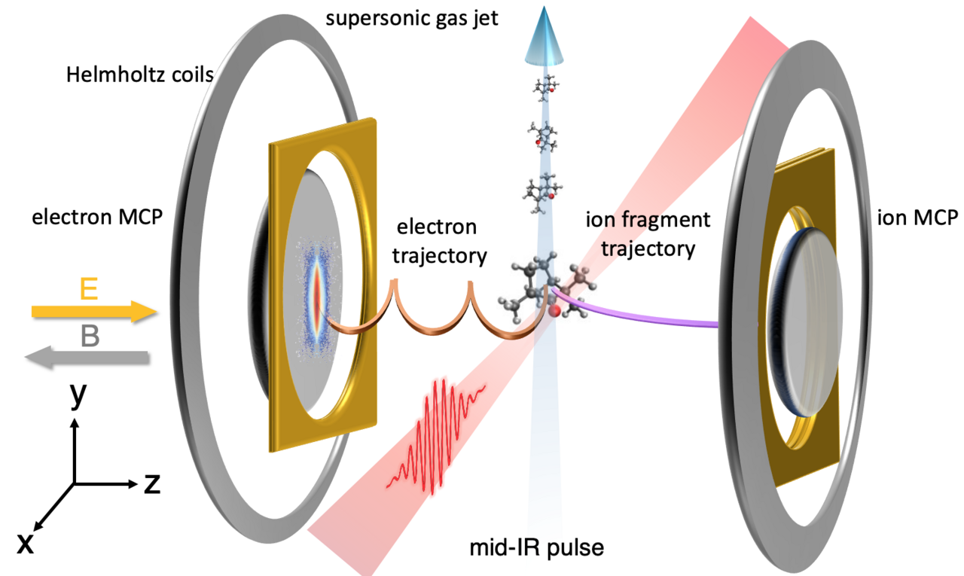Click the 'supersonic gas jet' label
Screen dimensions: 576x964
(412, 17)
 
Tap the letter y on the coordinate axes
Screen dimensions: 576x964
(76, 397)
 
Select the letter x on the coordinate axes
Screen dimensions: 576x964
(25, 542)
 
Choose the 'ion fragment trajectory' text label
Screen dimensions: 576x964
(647, 233)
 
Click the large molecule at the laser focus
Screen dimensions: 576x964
(542, 290)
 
